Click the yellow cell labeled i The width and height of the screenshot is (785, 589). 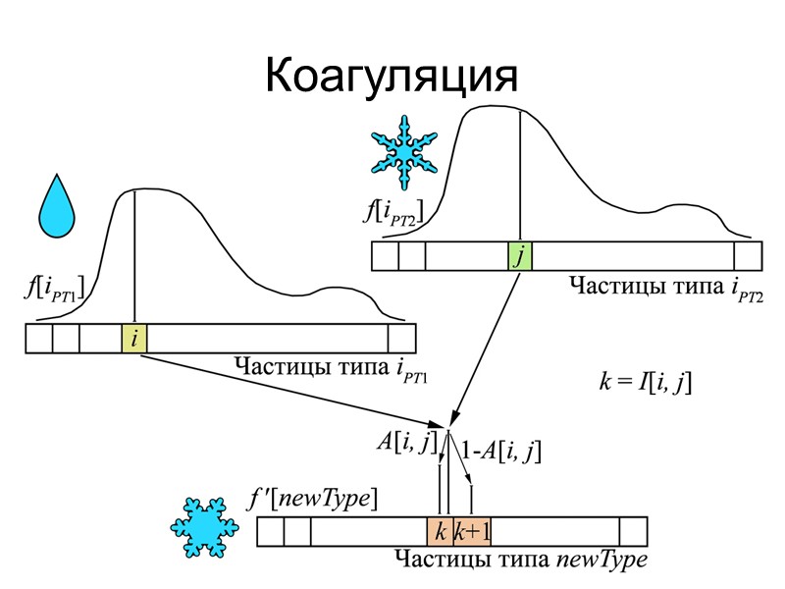coord(134,339)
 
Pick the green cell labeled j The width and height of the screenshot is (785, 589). coord(519,256)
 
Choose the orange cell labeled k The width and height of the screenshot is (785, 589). coord(440,532)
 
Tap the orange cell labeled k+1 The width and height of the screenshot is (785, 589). coord(472,532)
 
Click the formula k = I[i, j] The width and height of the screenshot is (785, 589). coord(646,382)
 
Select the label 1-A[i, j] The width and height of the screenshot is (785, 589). coord(499,452)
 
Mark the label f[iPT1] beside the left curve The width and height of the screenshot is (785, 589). coord(55,289)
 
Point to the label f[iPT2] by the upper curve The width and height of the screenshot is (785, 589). coord(392,211)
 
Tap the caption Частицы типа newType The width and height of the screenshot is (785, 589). coord(520,561)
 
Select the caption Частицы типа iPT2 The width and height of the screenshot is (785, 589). coord(665,287)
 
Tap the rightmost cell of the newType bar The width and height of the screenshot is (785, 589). coord(633,532)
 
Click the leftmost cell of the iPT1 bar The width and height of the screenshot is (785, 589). coord(39,339)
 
